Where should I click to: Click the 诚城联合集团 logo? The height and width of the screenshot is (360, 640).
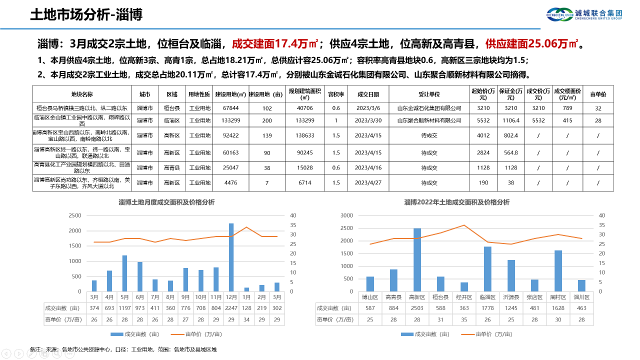click(584, 14)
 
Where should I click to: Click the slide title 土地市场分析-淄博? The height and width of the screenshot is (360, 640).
click(86, 15)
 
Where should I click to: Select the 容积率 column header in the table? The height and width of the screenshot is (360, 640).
click(336, 94)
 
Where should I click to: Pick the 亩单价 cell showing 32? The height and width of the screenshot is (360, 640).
click(598, 108)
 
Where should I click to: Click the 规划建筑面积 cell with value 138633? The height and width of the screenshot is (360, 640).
click(305, 135)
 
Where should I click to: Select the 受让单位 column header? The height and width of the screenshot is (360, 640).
click(429, 94)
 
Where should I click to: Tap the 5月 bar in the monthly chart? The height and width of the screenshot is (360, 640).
click(124, 273)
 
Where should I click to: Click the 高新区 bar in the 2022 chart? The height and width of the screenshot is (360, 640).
click(417, 259)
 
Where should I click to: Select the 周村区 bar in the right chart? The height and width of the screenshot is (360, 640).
click(558, 270)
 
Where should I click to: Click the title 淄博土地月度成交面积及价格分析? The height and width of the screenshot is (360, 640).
click(166, 202)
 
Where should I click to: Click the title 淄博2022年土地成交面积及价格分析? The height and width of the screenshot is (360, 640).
click(456, 202)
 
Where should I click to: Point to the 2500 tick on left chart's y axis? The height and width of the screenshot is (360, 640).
click(74, 215)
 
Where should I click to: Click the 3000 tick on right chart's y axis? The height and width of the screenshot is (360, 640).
click(346, 215)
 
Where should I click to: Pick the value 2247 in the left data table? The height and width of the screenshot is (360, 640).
click(231, 308)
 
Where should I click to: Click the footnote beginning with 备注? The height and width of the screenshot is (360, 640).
click(123, 349)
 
